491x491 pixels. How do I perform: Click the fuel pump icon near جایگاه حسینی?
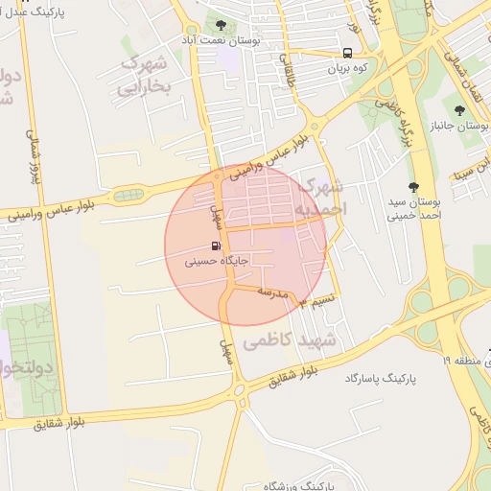pos(214,245)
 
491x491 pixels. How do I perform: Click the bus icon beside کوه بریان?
pos(347,54)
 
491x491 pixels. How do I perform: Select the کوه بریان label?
pos(348,68)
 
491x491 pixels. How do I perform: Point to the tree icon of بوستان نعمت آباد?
pos(222,25)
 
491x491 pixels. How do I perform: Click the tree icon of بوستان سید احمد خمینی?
pos(414,187)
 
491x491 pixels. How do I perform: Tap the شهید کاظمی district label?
pos(292,340)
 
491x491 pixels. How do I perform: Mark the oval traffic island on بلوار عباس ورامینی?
pos(124,196)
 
